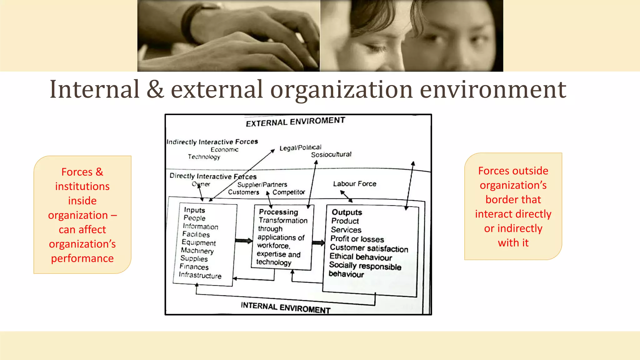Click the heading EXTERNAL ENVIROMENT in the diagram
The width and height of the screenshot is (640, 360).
tap(295, 122)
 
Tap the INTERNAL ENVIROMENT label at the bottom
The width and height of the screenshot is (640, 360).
tap(285, 307)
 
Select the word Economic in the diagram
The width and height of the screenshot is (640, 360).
tap(224, 150)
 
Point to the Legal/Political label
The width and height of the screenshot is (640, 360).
tap(300, 147)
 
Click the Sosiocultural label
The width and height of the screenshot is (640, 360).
tap(331, 154)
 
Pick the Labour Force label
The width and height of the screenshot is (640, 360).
tap(354, 184)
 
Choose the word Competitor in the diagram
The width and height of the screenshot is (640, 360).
tap(288, 192)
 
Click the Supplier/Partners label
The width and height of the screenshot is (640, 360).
tap(262, 185)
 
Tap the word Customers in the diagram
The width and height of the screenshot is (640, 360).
tap(243, 192)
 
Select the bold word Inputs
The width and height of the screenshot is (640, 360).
tap(194, 210)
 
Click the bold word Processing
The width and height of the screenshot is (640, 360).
tap(278, 212)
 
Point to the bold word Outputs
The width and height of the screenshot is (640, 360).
tap(347, 212)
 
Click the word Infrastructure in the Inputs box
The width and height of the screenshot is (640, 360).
tap(200, 275)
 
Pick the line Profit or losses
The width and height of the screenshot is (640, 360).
tap(357, 239)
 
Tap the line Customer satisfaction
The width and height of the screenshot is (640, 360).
tap(369, 248)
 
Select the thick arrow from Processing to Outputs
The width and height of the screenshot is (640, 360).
tap(318, 243)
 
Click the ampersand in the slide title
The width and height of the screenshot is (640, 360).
tap(155, 89)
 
